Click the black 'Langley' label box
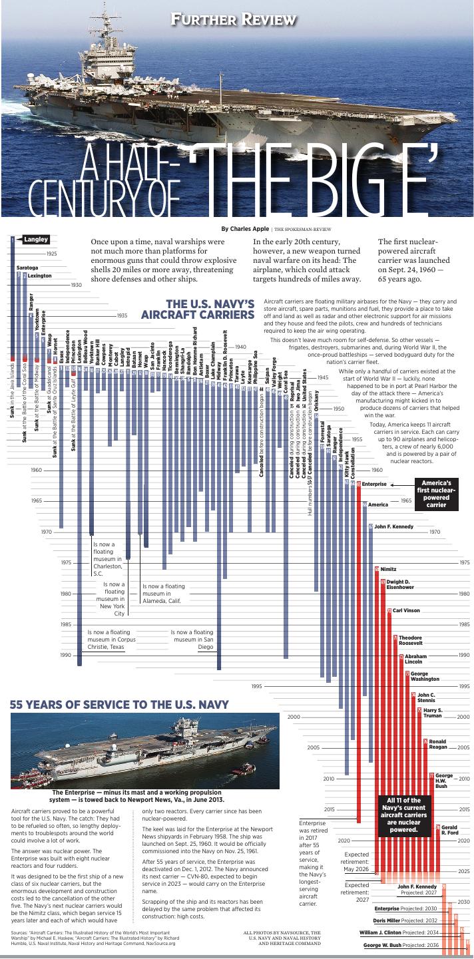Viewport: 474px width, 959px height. (35, 240)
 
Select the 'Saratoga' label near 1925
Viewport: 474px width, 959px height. (27, 268)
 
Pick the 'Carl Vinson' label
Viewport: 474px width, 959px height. (406, 610)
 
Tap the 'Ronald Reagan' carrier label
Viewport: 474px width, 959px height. (437, 745)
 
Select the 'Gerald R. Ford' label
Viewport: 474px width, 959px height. (449, 831)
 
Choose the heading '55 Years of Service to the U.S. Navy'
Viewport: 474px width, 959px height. (119, 704)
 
